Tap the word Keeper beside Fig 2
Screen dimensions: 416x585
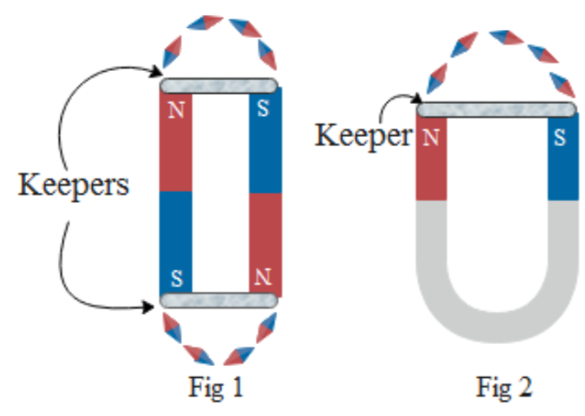[x=364, y=134]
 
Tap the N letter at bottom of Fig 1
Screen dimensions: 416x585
[x=265, y=276]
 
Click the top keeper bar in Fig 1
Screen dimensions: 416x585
[x=219, y=85]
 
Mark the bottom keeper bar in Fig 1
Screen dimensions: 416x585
[x=219, y=299]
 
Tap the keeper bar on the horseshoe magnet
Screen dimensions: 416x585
[x=496, y=109]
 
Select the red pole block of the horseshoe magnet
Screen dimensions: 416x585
[x=431, y=161]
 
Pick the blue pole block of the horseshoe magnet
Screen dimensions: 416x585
[x=561, y=161]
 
